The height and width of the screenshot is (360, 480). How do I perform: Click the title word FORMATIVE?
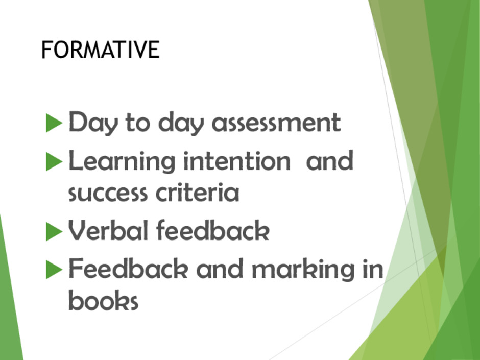click(x=101, y=50)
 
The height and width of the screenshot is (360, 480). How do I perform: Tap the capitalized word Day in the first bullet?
click(x=93, y=123)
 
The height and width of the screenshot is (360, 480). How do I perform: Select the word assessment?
click(x=276, y=123)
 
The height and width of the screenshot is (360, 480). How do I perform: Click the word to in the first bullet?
click(x=138, y=123)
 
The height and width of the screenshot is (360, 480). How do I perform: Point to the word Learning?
click(x=122, y=161)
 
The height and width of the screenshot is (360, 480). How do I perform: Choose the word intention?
click(x=236, y=160)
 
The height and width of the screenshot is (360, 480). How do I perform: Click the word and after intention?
click(x=330, y=160)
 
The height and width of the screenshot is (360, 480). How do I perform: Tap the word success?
click(x=108, y=193)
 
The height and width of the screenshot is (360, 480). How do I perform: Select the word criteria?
click(x=198, y=191)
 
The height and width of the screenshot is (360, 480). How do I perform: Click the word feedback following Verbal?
click(x=213, y=230)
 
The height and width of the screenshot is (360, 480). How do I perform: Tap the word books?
click(x=104, y=300)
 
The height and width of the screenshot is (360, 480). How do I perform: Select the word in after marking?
click(x=373, y=268)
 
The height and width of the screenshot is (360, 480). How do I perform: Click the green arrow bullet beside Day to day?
click(x=54, y=123)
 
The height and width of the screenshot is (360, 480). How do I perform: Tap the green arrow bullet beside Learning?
click(x=54, y=161)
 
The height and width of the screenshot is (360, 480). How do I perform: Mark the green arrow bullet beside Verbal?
click(x=54, y=231)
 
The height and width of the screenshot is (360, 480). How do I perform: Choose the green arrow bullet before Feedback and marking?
click(x=54, y=270)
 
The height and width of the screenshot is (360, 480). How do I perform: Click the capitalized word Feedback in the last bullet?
click(x=128, y=268)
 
